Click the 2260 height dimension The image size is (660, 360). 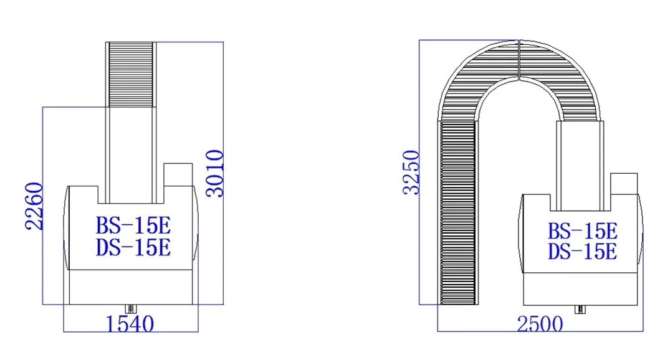(x=34, y=206)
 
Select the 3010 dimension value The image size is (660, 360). (x=214, y=173)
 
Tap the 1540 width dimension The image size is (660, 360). (x=130, y=324)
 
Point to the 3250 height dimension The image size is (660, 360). (x=411, y=173)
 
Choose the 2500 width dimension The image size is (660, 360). (x=539, y=324)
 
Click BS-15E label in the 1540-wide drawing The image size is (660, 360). (x=133, y=225)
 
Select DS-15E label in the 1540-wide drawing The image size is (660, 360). (x=133, y=247)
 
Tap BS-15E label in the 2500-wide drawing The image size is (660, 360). (x=582, y=231)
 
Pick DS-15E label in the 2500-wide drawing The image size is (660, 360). (x=582, y=252)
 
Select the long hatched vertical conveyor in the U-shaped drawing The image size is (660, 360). (x=457, y=212)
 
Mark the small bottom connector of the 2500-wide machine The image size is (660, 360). (x=580, y=309)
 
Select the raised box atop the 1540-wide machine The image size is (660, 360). (x=178, y=174)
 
